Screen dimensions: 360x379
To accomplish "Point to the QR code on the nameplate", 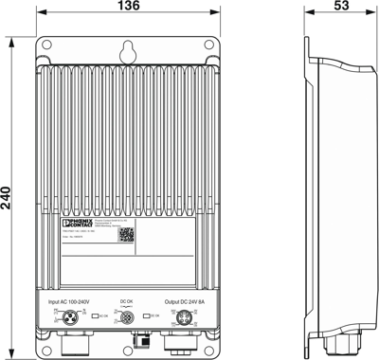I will click(126, 236).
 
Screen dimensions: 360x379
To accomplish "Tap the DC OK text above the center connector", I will click(127, 302).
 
